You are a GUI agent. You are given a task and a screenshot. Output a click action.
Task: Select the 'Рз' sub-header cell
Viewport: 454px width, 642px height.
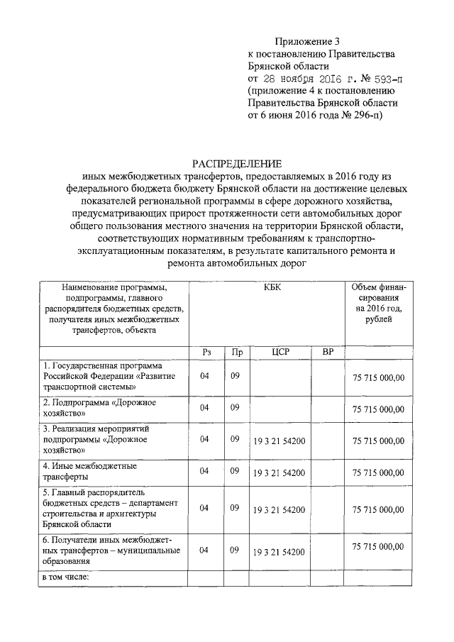click(206, 352)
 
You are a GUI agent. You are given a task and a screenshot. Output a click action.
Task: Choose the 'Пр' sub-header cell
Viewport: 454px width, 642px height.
click(236, 352)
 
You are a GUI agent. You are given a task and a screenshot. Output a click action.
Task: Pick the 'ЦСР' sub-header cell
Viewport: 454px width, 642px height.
click(279, 352)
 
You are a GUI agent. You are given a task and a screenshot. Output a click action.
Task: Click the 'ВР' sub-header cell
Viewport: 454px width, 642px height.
click(327, 352)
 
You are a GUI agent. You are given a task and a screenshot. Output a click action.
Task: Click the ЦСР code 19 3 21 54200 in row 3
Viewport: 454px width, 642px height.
click(279, 441)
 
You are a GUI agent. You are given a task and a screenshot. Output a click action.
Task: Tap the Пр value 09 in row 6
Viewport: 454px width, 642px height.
click(234, 550)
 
